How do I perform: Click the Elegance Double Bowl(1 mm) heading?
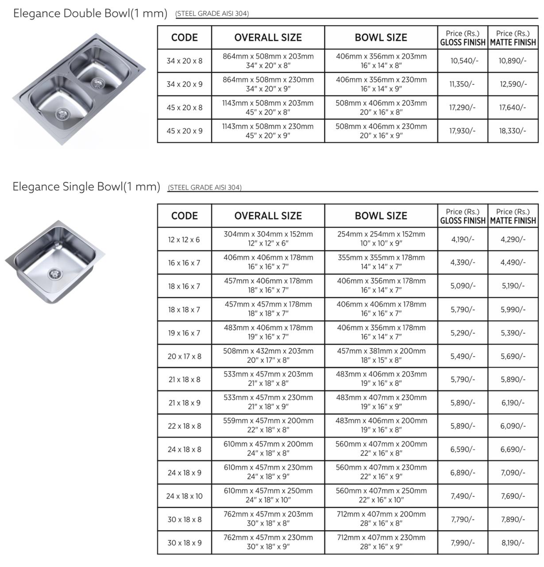point(90,13)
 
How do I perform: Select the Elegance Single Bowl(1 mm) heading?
point(86,186)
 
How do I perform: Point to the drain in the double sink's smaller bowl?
point(96,82)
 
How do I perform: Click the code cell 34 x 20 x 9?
point(185,84)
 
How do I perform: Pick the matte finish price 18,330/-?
point(513,131)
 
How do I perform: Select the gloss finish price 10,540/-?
point(463,61)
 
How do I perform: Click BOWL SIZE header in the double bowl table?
point(381,38)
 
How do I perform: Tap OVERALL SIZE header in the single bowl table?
point(268,216)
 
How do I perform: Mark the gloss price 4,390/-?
point(463,263)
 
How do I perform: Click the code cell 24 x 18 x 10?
point(185,496)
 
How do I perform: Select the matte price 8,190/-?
point(513,543)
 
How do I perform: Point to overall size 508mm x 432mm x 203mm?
point(268,351)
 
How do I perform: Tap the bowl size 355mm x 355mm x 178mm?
point(381,258)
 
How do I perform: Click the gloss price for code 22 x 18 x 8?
point(463,426)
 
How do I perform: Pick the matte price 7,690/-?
point(513,496)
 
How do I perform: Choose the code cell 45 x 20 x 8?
point(185,108)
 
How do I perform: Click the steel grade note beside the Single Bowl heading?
point(204,187)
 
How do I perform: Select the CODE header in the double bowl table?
point(185,38)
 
